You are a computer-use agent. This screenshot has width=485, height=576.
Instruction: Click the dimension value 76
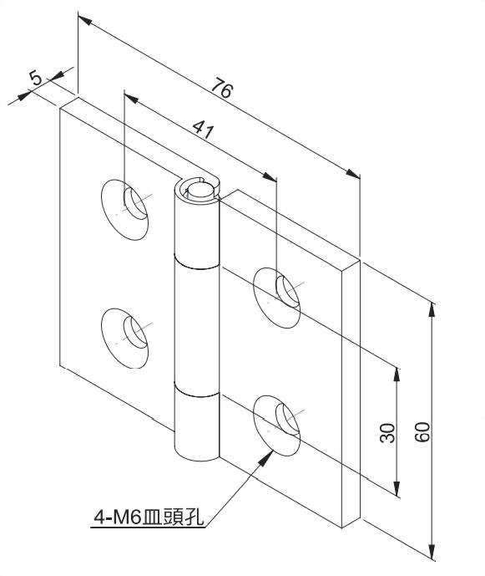222,88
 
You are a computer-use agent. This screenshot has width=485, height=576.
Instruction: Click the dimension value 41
203,129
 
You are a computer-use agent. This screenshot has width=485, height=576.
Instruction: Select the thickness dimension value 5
36,78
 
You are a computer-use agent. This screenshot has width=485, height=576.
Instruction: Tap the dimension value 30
387,433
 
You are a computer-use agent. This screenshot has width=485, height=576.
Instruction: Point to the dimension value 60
422,432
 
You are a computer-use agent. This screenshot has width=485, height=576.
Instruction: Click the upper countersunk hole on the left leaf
124,210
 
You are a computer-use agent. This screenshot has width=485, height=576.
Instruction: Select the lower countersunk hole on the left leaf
124,338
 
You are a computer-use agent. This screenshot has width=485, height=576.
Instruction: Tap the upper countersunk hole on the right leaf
277,298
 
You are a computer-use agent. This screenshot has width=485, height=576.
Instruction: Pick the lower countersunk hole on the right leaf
277,426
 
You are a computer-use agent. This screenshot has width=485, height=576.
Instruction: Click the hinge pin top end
200,190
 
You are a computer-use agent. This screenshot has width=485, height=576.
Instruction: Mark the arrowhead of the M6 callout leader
266,457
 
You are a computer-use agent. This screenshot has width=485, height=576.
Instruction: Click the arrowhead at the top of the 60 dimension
433,309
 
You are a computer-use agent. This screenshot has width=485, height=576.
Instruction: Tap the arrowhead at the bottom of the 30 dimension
397,489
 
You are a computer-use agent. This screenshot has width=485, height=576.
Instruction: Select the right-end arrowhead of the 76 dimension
353,173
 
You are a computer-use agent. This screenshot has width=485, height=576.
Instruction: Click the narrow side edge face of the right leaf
351,393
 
